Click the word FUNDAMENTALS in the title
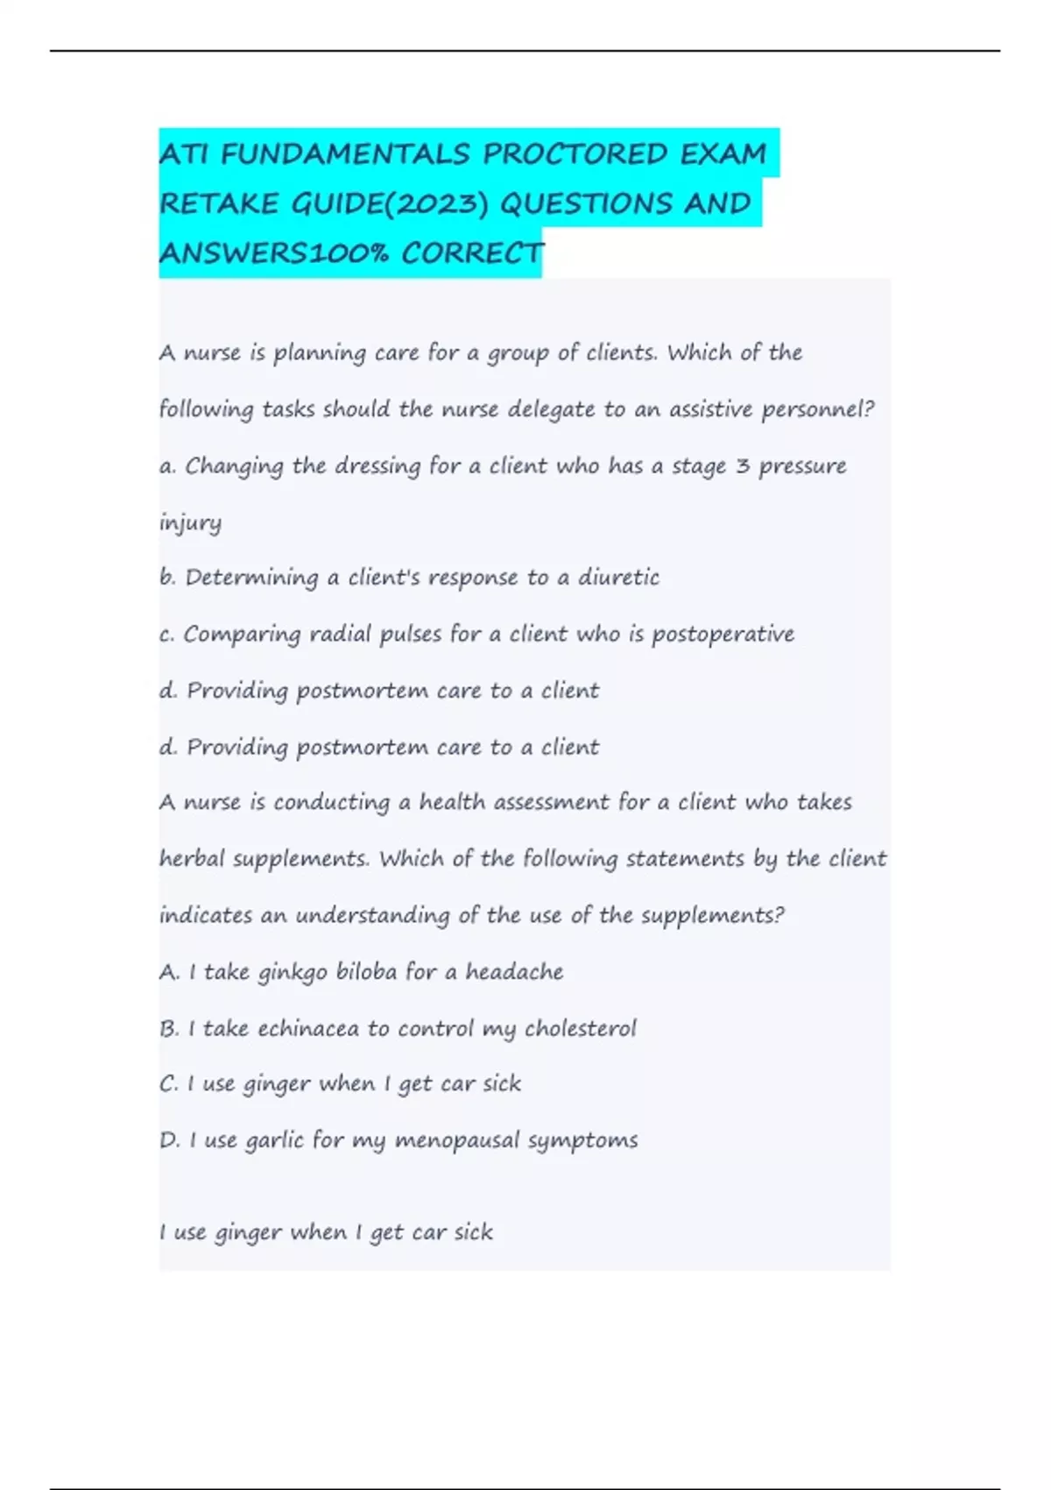(x=345, y=154)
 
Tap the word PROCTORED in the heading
(x=575, y=154)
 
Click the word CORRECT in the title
(x=473, y=253)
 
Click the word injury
(x=190, y=523)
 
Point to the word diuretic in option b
(x=618, y=578)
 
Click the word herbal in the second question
(x=191, y=858)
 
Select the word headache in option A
(x=514, y=971)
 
